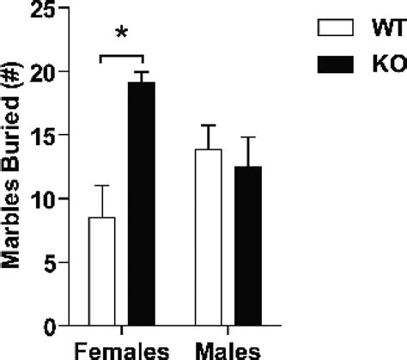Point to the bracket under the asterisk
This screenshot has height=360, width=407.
tap(122, 57)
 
